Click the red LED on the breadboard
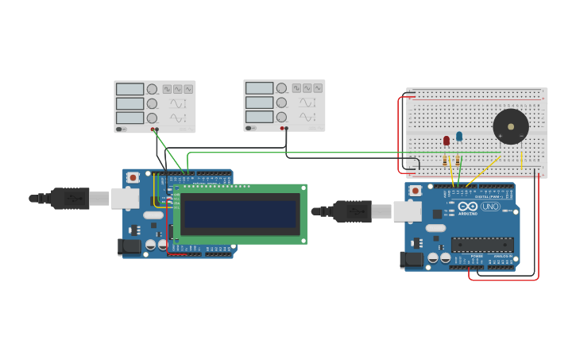pos(446,141)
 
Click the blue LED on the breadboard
pos(459,136)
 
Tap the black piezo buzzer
pos(510,126)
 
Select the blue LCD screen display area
pos(239,214)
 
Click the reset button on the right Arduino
pos(415,192)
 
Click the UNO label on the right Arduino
pos(490,207)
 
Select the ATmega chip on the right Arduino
pos(482,245)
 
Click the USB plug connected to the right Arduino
pos(353,211)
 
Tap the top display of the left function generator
pos(130,89)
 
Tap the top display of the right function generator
pos(259,87)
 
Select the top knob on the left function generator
pos(152,89)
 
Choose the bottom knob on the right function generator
pos(281,117)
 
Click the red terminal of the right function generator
pos(281,128)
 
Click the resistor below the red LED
pos(445,160)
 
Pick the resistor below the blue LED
pos(458,160)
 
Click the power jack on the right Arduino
pos(412,259)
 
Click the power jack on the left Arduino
pos(129,246)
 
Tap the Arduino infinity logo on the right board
pos(468,207)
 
